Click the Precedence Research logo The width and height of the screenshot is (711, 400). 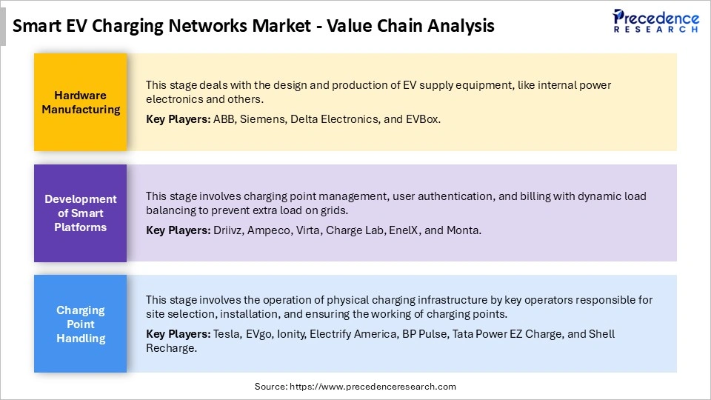655,21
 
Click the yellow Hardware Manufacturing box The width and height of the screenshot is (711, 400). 81,102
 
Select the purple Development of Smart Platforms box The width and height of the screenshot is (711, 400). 81,213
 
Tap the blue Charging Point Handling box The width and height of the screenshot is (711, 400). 81,324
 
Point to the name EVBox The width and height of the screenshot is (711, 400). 424,119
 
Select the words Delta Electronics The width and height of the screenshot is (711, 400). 333,119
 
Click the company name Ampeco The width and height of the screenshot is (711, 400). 269,230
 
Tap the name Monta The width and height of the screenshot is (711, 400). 464,230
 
